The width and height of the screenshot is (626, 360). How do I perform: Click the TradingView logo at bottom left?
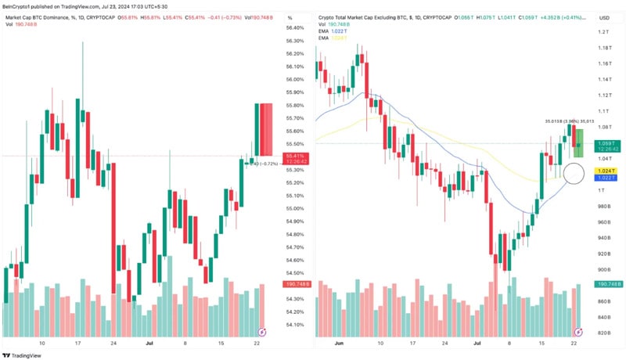pos(23,353)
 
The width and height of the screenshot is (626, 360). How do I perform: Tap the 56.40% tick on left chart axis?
pos(294,27)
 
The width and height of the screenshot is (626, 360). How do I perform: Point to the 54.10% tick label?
pos(294,324)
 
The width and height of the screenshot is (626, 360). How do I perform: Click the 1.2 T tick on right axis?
pos(604,32)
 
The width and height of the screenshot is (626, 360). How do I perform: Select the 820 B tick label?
pos(604,333)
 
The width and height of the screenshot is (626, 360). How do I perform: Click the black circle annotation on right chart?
pos(574,173)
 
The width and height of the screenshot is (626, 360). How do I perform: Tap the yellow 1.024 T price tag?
pos(606,170)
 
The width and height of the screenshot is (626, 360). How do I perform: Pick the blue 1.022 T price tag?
pos(606,178)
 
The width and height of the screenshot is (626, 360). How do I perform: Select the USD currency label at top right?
pos(604,17)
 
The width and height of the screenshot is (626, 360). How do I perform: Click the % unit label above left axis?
pos(290,17)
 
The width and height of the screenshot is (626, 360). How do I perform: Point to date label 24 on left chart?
pos(114,344)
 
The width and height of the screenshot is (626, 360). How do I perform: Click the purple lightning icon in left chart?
pos(261,332)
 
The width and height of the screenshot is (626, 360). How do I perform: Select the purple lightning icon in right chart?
pos(578,332)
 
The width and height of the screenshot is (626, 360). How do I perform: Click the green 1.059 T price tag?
pos(606,143)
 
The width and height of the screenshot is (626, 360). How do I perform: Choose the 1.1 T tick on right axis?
pos(604,111)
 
